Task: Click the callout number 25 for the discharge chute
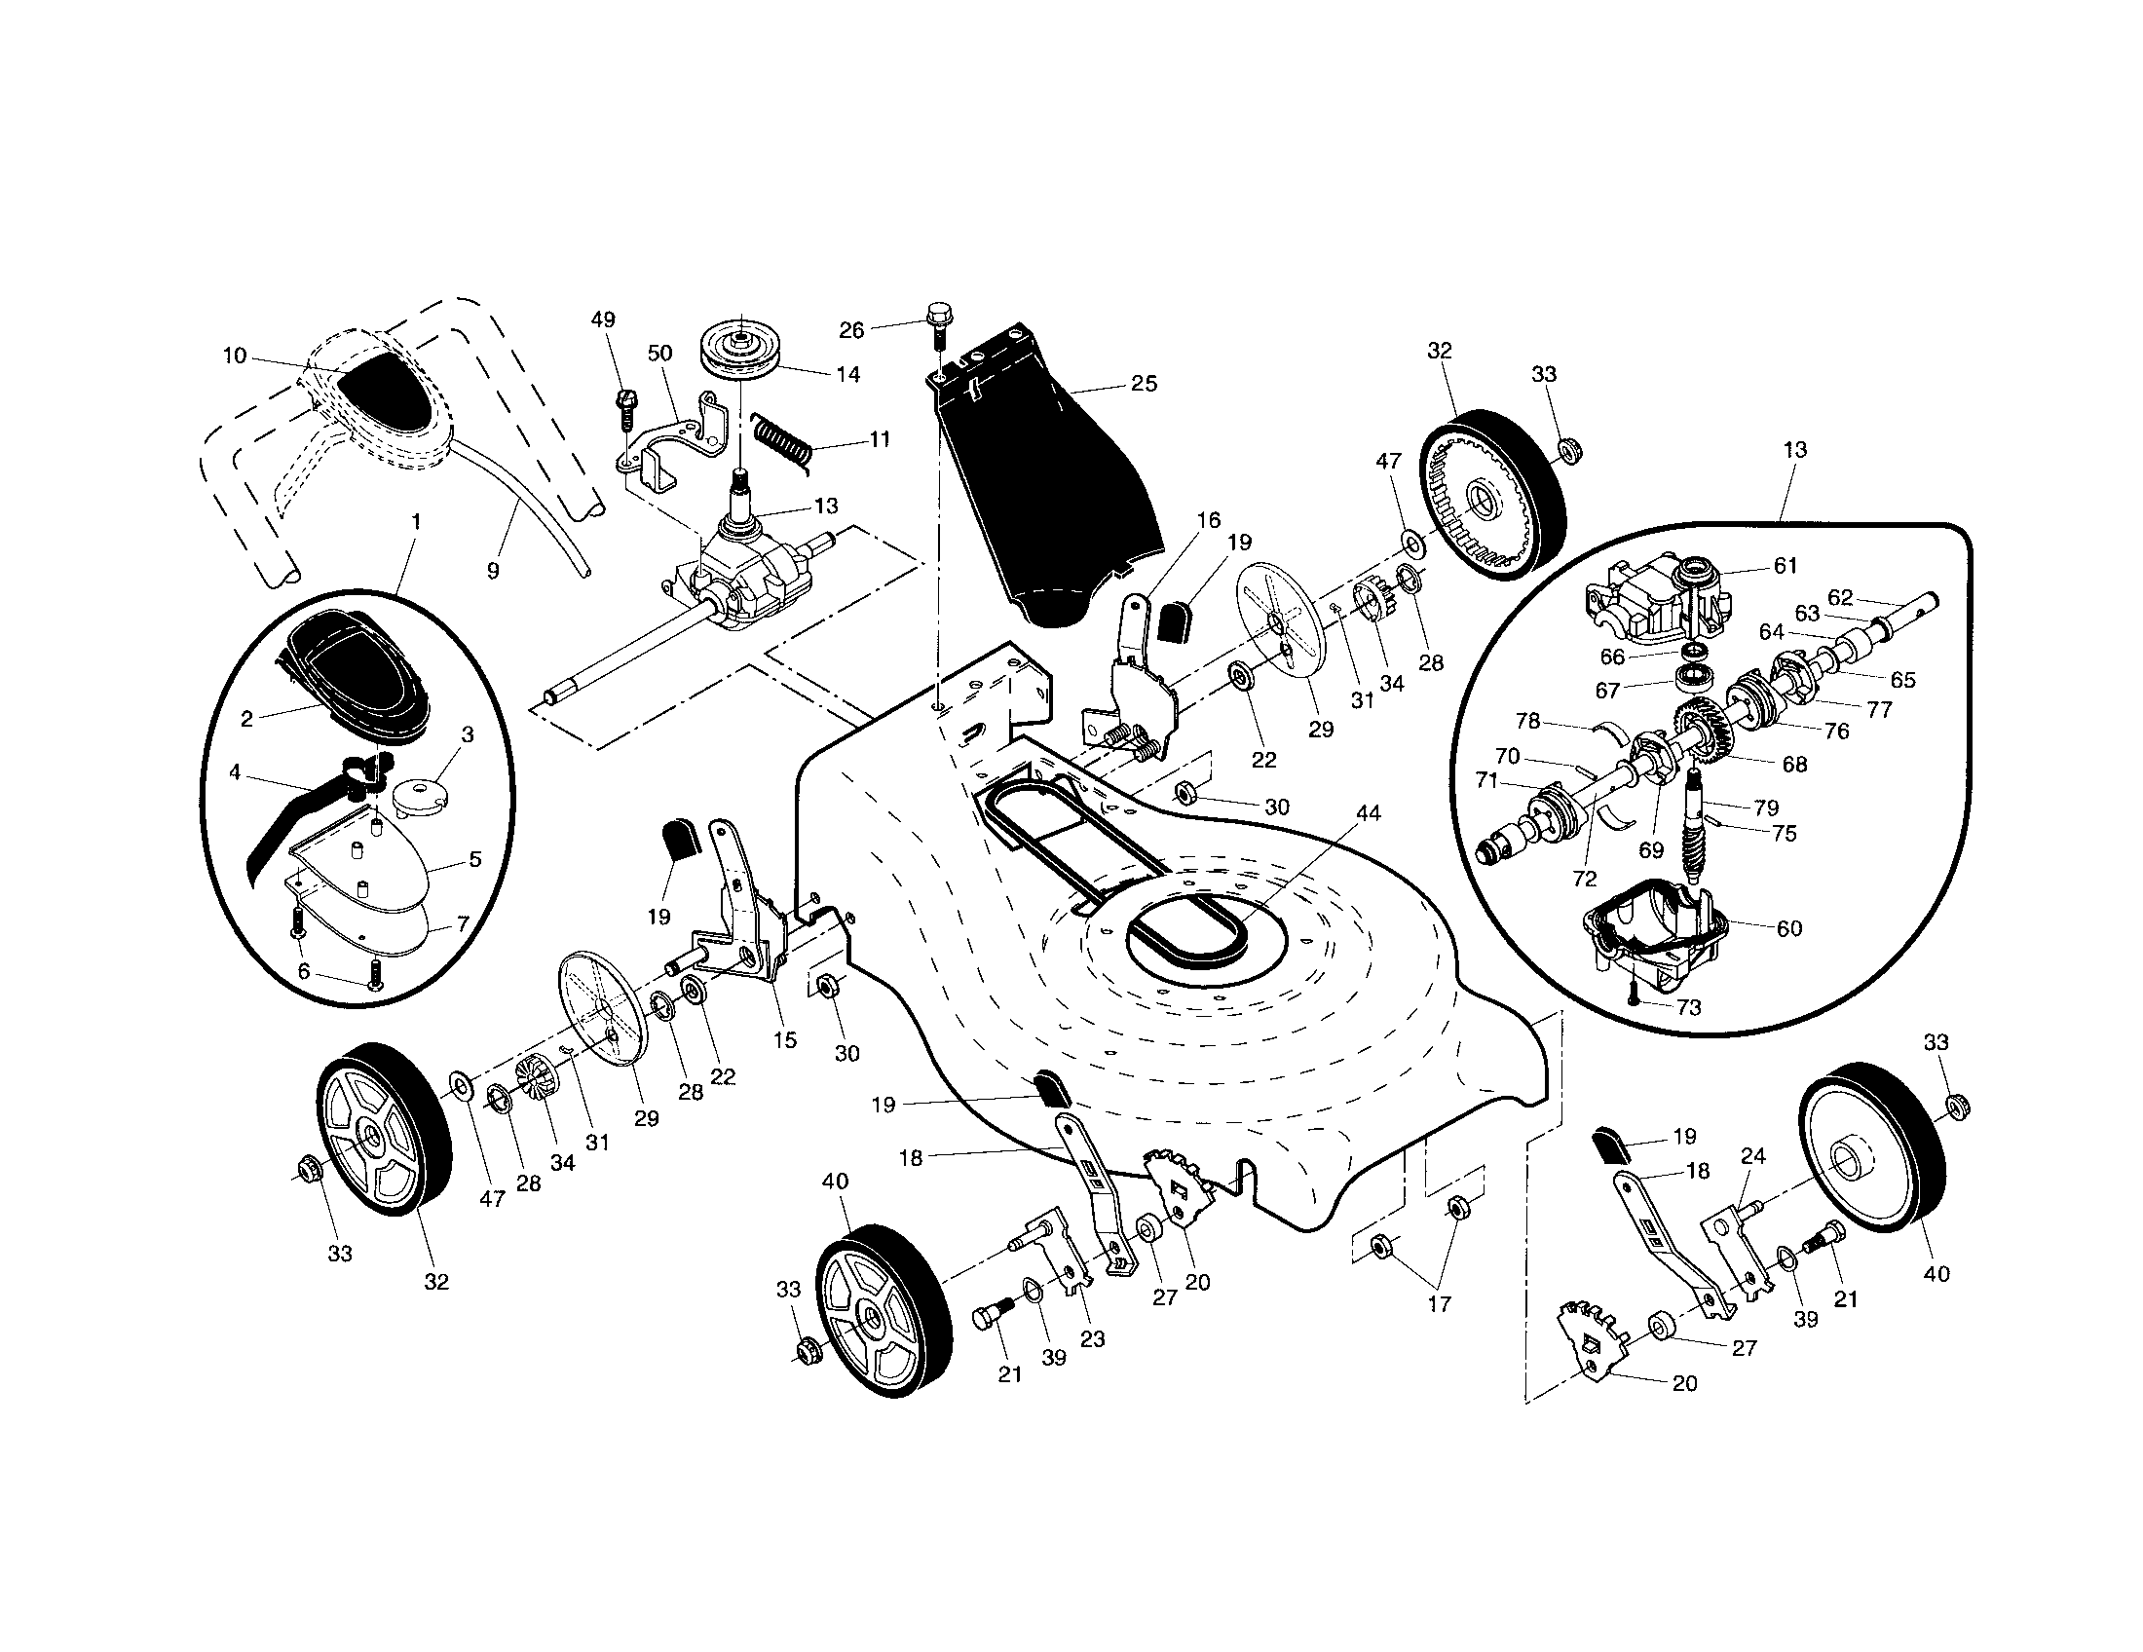[x=1145, y=384]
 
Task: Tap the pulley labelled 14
[x=740, y=350]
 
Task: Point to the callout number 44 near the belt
[x=1367, y=813]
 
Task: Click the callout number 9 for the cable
[x=493, y=570]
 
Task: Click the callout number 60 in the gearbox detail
[x=1789, y=928]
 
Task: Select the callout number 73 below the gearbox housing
[x=1689, y=1007]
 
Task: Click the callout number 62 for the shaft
[x=1841, y=597]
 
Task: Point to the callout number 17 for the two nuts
[x=1439, y=1304]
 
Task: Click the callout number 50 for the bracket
[x=660, y=354]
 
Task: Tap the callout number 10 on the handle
[x=235, y=356]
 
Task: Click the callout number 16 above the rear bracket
[x=1208, y=520]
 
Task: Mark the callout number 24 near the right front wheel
[x=1752, y=1157]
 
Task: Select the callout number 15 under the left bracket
[x=785, y=1040]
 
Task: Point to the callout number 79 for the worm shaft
[x=1766, y=807]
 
